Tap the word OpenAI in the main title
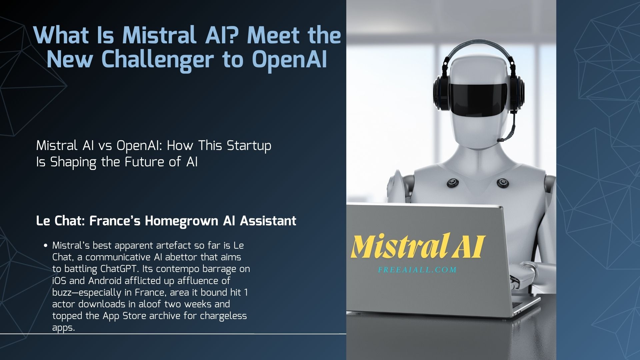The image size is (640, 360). (x=289, y=60)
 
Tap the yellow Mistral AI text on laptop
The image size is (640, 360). (x=417, y=247)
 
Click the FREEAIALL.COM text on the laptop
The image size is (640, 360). (x=417, y=270)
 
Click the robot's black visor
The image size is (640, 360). (x=478, y=95)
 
